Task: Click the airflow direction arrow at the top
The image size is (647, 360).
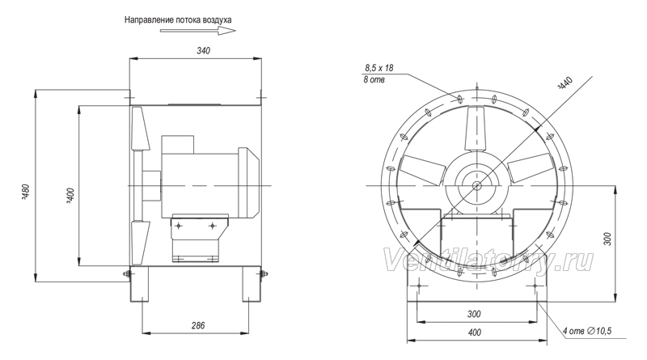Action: click(x=197, y=31)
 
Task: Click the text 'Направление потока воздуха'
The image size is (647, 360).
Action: click(x=178, y=19)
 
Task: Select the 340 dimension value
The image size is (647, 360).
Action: click(x=203, y=51)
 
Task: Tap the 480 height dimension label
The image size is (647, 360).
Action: click(x=25, y=191)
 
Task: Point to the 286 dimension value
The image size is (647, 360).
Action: click(x=198, y=326)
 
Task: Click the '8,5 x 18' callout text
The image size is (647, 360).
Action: click(x=379, y=68)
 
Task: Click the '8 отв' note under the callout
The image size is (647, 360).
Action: click(x=374, y=79)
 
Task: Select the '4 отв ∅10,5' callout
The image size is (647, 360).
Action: click(x=587, y=331)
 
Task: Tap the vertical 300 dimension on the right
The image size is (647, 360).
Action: click(x=608, y=239)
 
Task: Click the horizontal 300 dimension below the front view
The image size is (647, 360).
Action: click(x=474, y=314)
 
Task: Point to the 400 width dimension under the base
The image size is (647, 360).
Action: click(x=475, y=332)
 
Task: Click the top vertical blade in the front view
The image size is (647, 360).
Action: click(x=476, y=129)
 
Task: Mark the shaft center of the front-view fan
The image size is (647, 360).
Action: click(x=476, y=186)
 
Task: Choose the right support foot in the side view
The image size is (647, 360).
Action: click(x=252, y=284)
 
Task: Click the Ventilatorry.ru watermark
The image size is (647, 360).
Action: click(x=488, y=261)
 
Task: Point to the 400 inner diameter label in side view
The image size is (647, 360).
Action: click(x=71, y=197)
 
